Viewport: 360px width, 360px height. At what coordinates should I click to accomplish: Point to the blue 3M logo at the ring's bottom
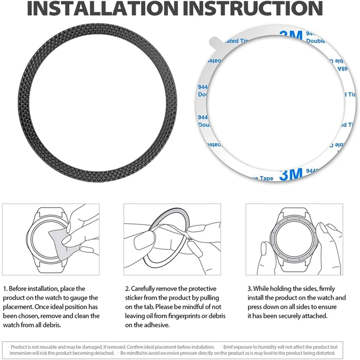(291, 175)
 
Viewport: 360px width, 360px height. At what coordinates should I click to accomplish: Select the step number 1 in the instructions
(5, 288)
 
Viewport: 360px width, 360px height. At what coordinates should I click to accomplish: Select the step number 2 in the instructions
(127, 288)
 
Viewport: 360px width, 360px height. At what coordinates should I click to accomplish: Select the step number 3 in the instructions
(249, 288)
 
